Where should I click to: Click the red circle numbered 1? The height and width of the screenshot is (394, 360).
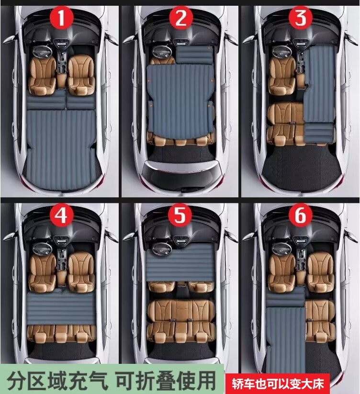tap(62, 18)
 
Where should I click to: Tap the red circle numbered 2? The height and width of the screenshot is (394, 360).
tap(181, 18)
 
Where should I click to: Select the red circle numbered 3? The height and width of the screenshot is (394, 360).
tap(301, 18)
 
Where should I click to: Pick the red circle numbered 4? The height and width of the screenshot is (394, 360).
tap(62, 215)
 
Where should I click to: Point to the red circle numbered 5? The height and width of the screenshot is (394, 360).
tap(180, 215)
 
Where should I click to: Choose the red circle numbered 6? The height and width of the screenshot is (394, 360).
tap(300, 215)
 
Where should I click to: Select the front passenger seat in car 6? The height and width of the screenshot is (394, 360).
tap(320, 272)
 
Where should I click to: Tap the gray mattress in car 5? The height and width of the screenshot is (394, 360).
tap(180, 262)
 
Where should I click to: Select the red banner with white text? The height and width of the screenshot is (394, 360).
tap(278, 383)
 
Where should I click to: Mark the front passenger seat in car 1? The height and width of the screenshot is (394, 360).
tap(81, 75)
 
